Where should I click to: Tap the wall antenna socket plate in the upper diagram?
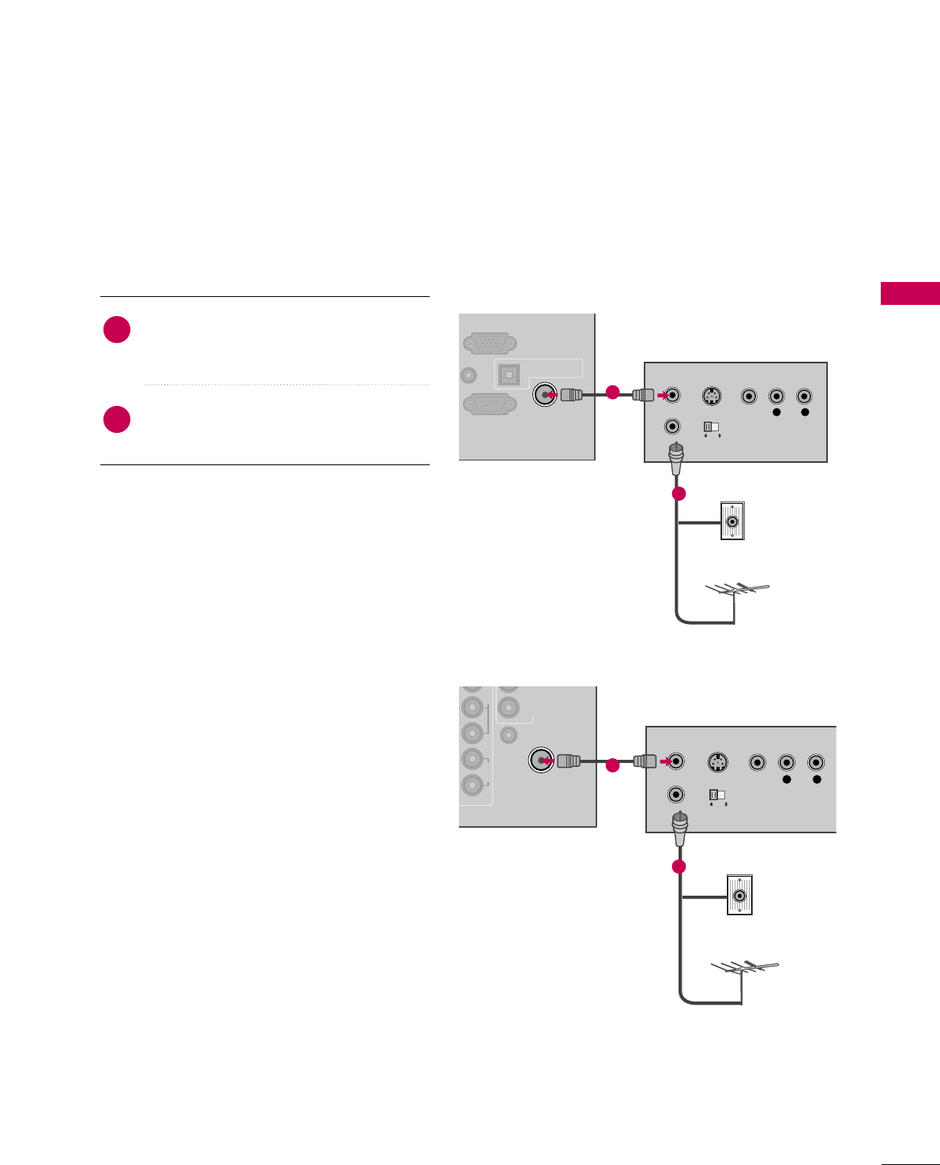click(732, 521)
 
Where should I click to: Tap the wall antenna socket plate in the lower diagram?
click(739, 896)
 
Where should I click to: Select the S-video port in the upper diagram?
click(711, 396)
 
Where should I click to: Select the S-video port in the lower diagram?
click(716, 763)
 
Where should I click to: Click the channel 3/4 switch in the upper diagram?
click(711, 427)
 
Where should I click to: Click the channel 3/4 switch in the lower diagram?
click(716, 795)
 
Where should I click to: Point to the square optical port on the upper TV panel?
click(508, 374)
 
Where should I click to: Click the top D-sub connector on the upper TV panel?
click(490, 344)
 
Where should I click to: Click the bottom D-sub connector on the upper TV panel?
click(490, 404)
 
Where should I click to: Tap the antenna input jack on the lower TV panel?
click(540, 761)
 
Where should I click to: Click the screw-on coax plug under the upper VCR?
click(676, 459)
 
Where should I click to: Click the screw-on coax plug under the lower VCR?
click(679, 829)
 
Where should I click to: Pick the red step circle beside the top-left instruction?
click(117, 329)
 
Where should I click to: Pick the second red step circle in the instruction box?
click(117, 419)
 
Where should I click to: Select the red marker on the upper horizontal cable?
click(612, 391)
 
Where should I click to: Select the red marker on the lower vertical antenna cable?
click(679, 866)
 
